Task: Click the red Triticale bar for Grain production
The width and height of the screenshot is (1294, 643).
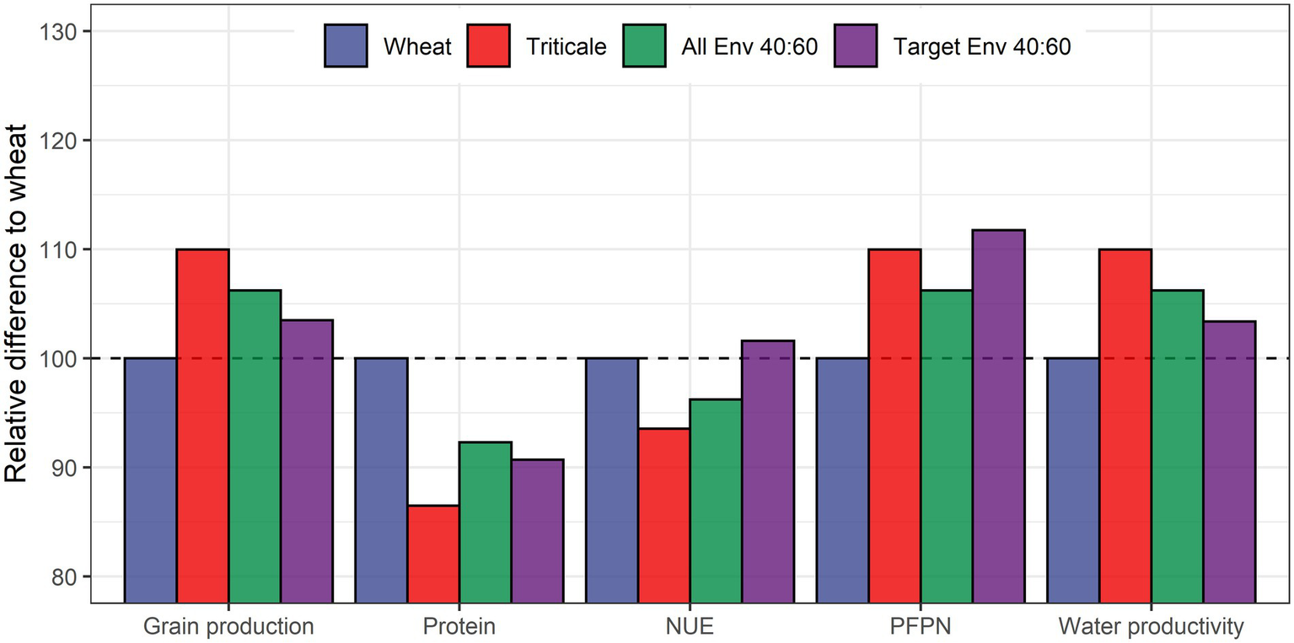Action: click(202, 426)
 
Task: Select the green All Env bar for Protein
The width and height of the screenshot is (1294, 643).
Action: click(486, 522)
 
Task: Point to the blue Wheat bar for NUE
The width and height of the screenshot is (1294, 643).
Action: click(612, 480)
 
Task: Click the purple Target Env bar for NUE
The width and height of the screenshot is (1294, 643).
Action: click(767, 471)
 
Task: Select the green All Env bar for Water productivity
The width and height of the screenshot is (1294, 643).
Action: click(1177, 446)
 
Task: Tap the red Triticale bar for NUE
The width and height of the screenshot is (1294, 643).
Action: click(663, 515)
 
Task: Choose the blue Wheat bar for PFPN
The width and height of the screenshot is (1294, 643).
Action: click(842, 480)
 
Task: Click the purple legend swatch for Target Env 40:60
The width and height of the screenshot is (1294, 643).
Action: click(856, 46)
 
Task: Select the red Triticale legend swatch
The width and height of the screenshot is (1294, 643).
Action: click(488, 46)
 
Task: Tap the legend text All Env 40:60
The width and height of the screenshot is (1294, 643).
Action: click(749, 46)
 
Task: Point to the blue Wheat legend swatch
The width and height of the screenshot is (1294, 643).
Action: click(346, 46)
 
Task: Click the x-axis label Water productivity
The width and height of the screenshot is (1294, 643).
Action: click(1151, 626)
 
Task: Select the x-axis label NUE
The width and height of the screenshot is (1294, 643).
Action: click(690, 626)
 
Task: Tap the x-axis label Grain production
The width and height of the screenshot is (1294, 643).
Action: click(228, 626)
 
